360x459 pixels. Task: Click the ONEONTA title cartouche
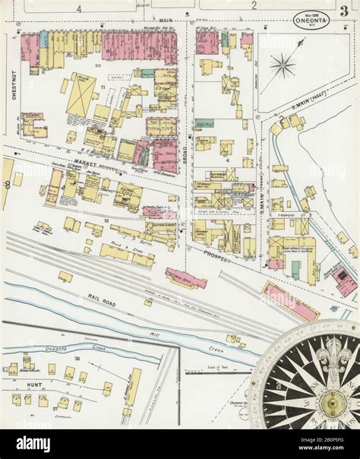click(x=311, y=21)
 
